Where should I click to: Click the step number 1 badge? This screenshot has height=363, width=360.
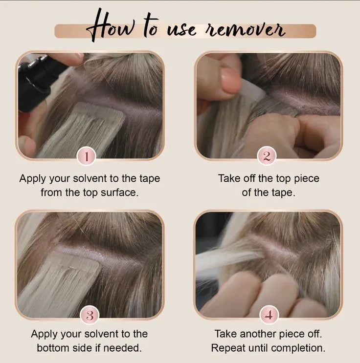coord(87,157)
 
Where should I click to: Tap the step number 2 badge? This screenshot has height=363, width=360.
coord(267,157)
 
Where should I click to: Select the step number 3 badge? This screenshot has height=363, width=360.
coord(90,315)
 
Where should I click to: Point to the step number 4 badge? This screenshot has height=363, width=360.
coord(268,315)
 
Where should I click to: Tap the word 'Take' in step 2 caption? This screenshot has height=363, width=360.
coord(229,178)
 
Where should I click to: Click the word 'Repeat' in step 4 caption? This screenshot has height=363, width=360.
coord(227,348)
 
